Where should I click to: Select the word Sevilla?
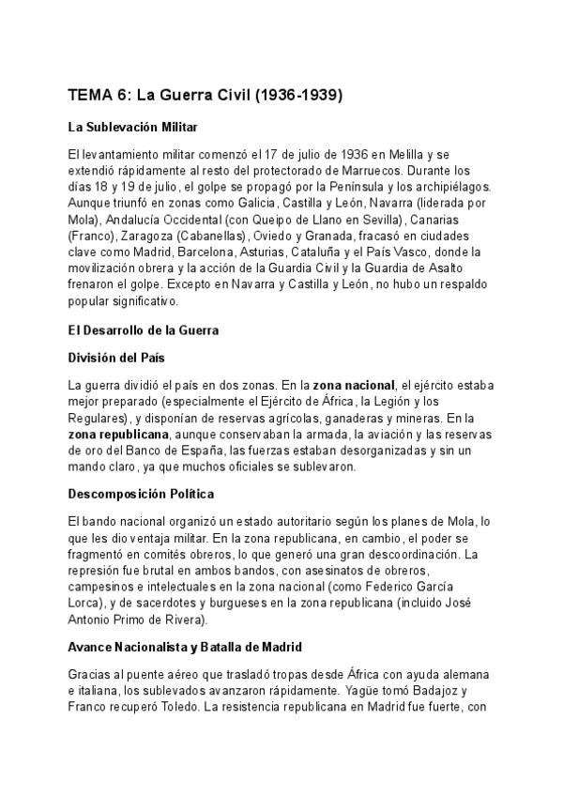[x=347, y=219]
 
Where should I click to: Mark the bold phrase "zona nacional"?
[x=354, y=384]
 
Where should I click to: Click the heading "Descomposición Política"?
[x=141, y=493]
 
